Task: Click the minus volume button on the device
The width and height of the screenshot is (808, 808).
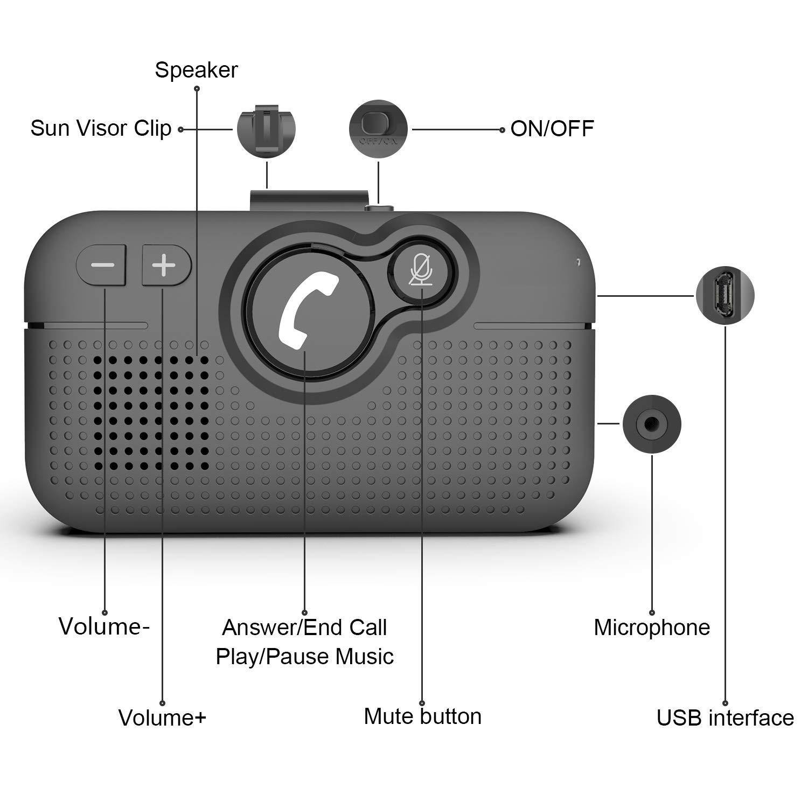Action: [x=101, y=265]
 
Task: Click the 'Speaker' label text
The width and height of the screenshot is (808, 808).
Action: [x=196, y=70]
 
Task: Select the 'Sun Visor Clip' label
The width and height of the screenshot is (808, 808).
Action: [x=101, y=128]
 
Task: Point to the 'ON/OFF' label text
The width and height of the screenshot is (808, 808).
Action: [x=552, y=129]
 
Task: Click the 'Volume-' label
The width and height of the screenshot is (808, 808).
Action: [x=104, y=626]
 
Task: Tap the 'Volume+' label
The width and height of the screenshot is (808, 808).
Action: [x=162, y=718]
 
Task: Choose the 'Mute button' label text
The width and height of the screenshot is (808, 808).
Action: [x=423, y=716]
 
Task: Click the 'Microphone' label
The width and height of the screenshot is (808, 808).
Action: [x=652, y=628]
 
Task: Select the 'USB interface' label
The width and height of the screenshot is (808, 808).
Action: [x=725, y=718]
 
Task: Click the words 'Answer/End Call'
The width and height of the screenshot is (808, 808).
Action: [x=304, y=628]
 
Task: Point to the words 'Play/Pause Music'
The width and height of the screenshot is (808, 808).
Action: [x=304, y=657]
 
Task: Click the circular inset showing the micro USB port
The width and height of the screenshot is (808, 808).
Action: [x=725, y=295]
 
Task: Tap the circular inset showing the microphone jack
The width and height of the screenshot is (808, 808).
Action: [x=652, y=424]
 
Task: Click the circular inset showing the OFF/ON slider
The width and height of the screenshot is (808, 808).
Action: [x=378, y=129]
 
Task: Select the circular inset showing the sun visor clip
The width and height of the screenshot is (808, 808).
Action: [x=267, y=128]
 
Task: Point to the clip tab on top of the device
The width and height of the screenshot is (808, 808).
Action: [x=307, y=199]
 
